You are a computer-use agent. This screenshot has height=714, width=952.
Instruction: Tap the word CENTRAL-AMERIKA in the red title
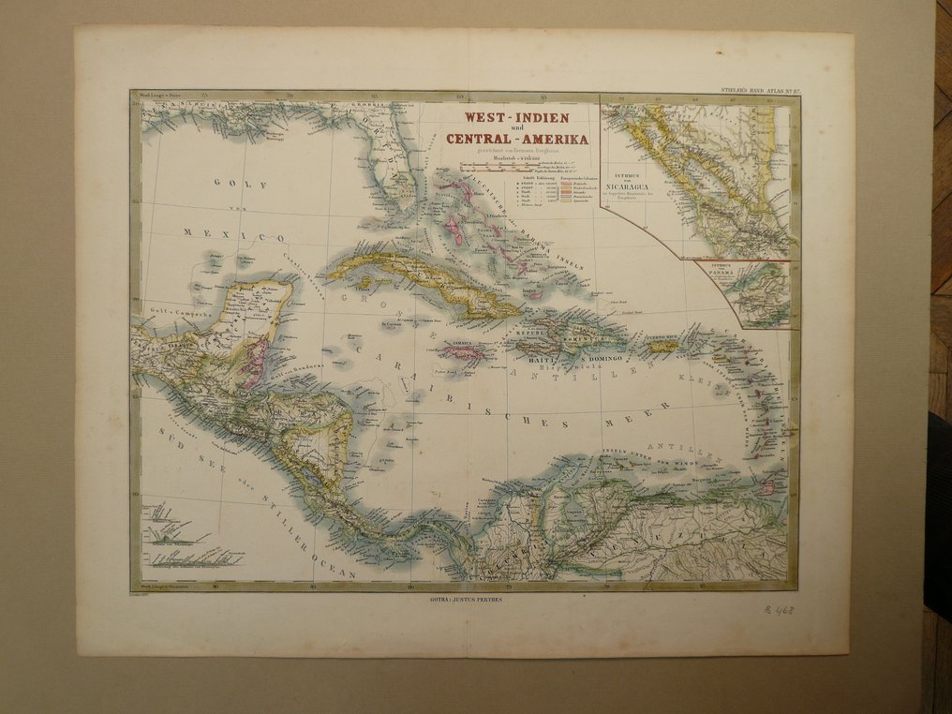point(518,140)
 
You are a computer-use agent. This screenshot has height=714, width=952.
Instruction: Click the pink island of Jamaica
point(465,353)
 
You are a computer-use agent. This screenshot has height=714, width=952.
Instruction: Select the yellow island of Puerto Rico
point(662,346)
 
